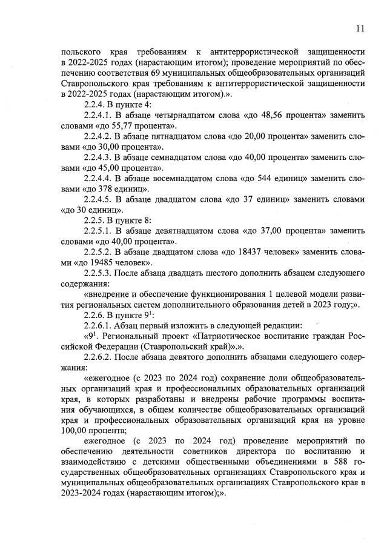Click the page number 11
(360, 28)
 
